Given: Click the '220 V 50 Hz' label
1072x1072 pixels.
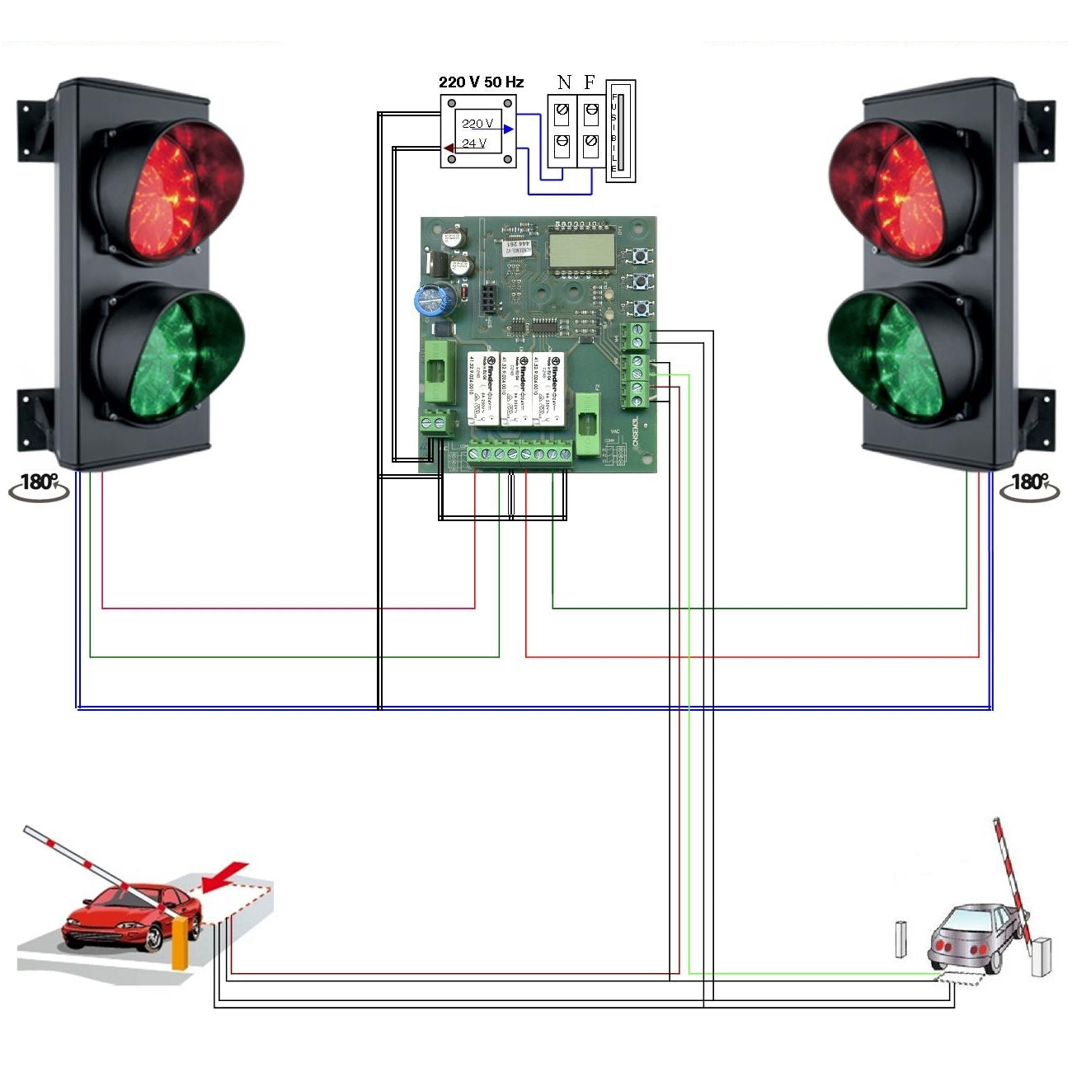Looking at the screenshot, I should click(x=481, y=82).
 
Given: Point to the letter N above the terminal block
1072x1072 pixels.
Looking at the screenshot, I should click(x=564, y=82).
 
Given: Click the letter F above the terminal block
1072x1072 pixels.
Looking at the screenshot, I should click(x=589, y=82).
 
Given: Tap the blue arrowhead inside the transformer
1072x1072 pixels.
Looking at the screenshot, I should click(x=508, y=129).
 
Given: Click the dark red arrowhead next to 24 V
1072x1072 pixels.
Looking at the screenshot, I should click(x=448, y=148).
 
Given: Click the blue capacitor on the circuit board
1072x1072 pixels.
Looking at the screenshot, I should click(x=435, y=299).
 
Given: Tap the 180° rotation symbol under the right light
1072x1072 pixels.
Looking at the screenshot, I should click(x=1030, y=487).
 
